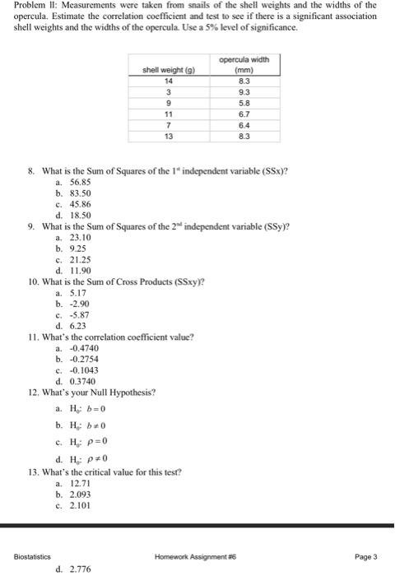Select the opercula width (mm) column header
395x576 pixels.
(x=238, y=64)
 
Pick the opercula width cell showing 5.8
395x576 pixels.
(x=238, y=105)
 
